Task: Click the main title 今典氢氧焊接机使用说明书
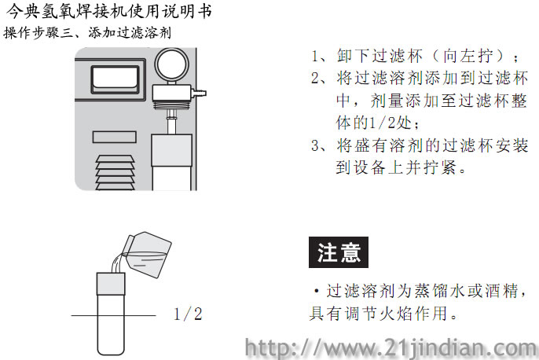108,11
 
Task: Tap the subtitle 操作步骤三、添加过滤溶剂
87,33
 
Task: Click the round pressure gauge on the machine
171,64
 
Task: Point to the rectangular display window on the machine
115,79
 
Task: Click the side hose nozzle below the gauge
199,93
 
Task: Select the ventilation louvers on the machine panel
115,173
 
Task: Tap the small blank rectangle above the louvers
115,138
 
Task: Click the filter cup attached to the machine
171,162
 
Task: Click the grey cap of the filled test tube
111,284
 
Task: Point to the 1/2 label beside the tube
188,314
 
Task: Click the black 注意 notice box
339,252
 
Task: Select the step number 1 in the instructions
314,56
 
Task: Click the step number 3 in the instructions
315,145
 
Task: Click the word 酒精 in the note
502,291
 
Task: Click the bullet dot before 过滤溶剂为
317,292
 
